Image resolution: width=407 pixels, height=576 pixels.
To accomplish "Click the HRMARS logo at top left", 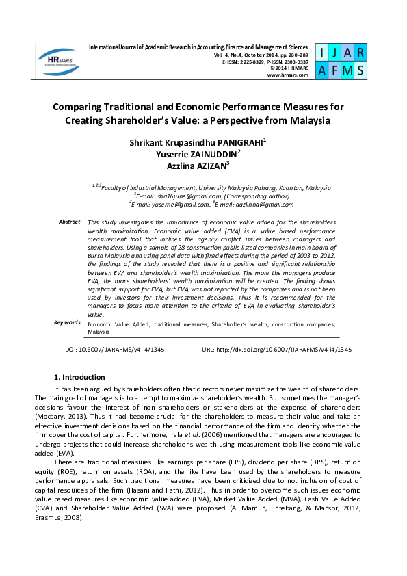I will point(58,60).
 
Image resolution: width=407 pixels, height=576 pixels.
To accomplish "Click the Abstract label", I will point(69,222).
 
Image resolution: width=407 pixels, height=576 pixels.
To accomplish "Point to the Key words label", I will point(67,322).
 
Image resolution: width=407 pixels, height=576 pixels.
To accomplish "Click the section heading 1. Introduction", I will point(79,377).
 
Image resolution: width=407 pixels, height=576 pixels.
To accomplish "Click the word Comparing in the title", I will point(83,107).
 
